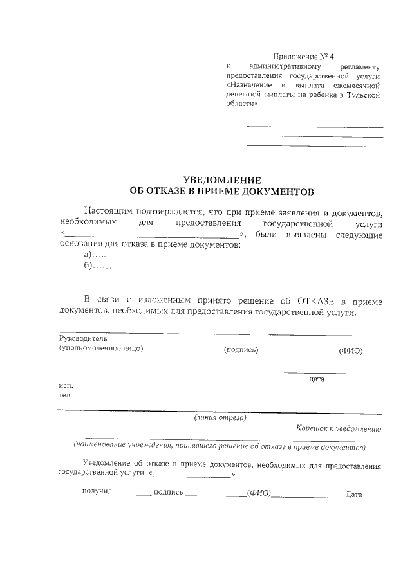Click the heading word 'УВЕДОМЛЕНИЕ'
tap(221, 181)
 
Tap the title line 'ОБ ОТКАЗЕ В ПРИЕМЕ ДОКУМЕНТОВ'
tap(221, 191)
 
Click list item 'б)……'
tap(97, 266)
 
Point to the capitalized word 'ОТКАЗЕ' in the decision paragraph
tap(315, 301)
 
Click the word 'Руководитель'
tap(83, 338)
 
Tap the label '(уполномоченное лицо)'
tap(100, 349)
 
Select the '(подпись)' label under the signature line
tap(241, 350)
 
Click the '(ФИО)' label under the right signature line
tap(351, 351)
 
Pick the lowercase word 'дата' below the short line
tap(317, 379)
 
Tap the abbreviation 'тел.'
tap(65, 395)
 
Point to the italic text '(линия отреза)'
tap(220, 417)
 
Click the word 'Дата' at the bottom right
tap(354, 495)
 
